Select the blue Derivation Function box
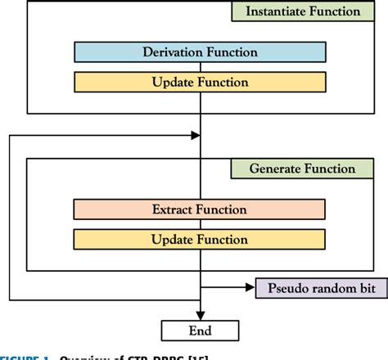pyautogui.click(x=201, y=52)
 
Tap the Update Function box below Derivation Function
pyautogui.click(x=201, y=82)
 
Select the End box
pyautogui.click(x=201, y=330)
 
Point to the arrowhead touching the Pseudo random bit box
pyautogui.click(x=250, y=288)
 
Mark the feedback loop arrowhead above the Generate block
pyautogui.click(x=195, y=134)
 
